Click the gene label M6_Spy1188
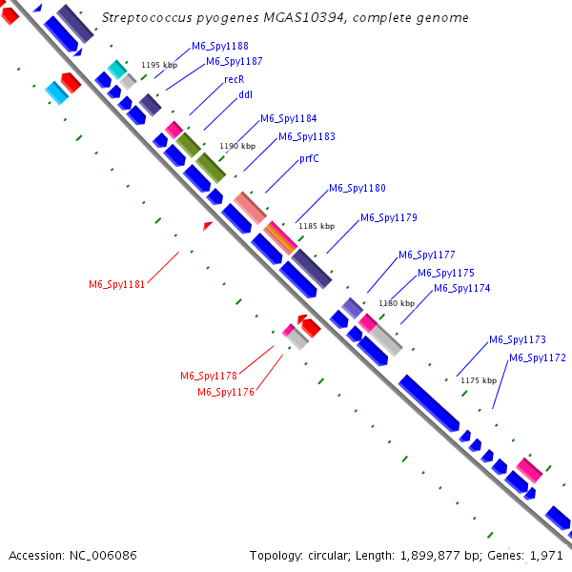(x=220, y=46)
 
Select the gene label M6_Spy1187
(x=235, y=61)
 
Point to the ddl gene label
(x=232, y=95)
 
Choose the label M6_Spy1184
(x=289, y=118)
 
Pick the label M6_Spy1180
(x=357, y=189)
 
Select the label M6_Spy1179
(x=389, y=218)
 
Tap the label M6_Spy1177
(x=426, y=255)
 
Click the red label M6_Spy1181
(x=116, y=284)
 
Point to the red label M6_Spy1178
(x=208, y=376)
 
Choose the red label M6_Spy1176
(x=225, y=392)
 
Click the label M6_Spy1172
(x=538, y=358)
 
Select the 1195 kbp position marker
(x=159, y=65)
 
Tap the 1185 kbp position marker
(x=317, y=226)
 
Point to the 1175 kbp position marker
(x=479, y=380)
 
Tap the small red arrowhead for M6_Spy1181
(x=208, y=225)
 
